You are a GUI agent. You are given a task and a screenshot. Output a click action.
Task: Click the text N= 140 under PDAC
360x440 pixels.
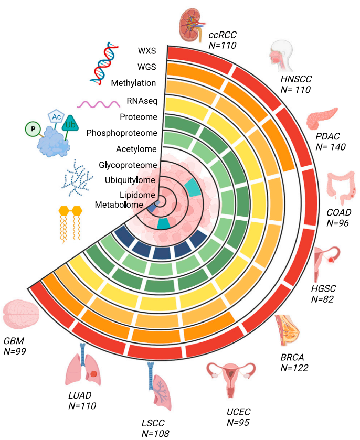(x=331, y=147)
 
